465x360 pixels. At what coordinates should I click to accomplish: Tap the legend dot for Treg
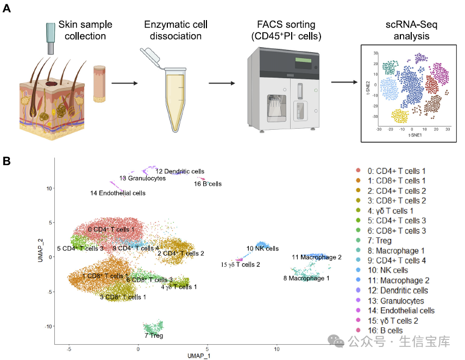tap(357, 241)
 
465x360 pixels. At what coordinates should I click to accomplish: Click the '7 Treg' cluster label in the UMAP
tap(153, 336)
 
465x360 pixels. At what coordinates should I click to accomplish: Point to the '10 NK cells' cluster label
tap(262, 249)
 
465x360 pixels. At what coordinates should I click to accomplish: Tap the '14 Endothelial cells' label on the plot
tap(117, 193)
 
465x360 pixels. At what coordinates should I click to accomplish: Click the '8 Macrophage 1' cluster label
tap(306, 279)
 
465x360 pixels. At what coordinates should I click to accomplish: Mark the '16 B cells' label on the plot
tap(208, 184)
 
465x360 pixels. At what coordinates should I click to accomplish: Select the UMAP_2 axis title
tap(41, 251)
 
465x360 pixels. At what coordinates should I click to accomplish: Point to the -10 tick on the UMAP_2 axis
tap(48, 326)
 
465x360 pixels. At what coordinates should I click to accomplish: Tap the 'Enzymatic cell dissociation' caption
tap(176, 30)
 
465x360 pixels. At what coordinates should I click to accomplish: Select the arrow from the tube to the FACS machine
tap(222, 83)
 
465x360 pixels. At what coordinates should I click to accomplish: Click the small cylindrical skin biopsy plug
tap(99, 83)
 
